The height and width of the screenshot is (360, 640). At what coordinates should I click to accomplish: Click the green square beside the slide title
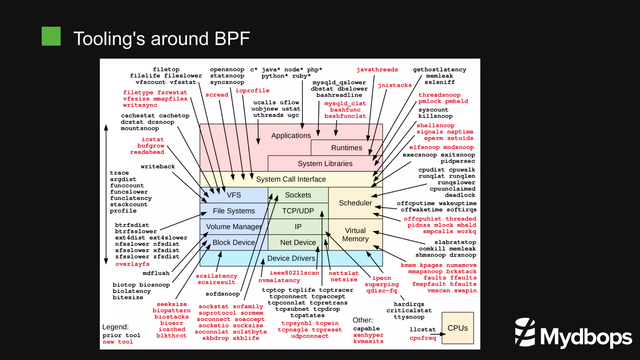click(51, 36)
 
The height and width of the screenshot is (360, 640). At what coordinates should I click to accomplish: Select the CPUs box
click(457, 328)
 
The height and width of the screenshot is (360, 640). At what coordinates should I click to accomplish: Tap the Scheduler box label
click(355, 203)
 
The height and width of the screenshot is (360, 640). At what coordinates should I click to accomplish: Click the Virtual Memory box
click(355, 235)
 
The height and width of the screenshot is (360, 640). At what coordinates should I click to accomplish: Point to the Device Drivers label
click(291, 258)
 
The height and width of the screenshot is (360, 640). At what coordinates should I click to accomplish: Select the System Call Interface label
click(291, 179)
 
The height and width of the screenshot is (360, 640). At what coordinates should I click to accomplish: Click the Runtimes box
click(347, 148)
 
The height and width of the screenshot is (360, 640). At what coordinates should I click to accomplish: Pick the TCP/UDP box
click(298, 211)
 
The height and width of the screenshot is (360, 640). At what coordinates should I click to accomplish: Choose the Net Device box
click(298, 242)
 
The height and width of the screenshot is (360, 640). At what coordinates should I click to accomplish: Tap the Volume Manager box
click(234, 227)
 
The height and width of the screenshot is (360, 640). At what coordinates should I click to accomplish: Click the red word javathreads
click(377, 70)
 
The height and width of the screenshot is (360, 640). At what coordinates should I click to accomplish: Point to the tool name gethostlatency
click(439, 70)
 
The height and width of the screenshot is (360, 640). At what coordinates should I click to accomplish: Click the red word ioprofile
click(252, 91)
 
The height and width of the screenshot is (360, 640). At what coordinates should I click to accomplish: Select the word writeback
click(158, 167)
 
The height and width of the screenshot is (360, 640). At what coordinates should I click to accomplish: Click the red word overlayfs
click(132, 264)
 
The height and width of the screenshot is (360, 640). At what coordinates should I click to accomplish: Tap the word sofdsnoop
click(222, 294)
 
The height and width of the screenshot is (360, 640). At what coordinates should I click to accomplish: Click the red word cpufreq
click(422, 338)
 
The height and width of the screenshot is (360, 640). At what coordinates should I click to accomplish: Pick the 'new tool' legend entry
click(118, 342)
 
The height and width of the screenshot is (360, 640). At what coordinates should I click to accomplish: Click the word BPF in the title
click(232, 39)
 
